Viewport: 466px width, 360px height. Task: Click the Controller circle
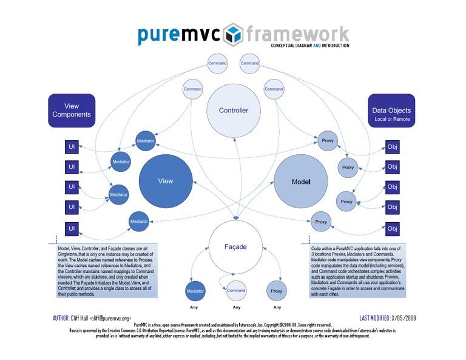coord(233,110)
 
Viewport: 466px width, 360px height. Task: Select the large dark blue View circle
coord(165,181)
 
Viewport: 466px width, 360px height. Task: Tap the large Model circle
coord(300,182)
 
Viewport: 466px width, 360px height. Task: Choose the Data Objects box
coord(392,114)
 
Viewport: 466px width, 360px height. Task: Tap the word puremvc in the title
coord(179,35)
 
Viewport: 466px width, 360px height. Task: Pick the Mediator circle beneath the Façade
coord(195,291)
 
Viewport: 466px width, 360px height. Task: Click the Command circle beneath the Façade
coord(236,291)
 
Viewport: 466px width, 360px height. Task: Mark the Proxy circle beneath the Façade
coord(276,291)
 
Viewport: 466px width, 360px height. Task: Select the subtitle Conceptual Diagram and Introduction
coord(310,46)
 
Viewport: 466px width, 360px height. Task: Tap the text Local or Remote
coord(392,120)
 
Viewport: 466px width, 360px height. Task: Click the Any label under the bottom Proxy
coord(276,307)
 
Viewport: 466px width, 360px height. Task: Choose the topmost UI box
coord(72,147)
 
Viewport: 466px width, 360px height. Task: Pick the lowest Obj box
coord(393,228)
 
